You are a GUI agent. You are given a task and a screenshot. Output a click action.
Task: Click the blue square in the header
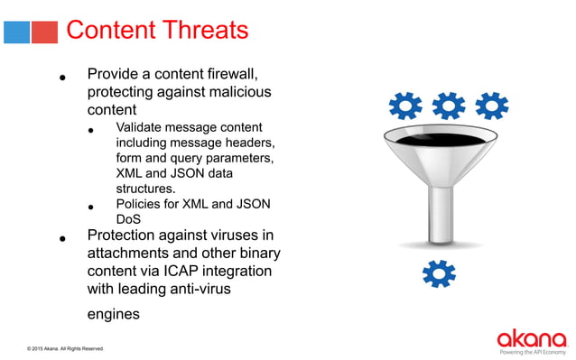click(x=17, y=32)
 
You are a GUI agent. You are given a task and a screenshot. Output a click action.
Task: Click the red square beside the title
click(x=44, y=32)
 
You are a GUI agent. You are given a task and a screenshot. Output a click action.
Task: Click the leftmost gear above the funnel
click(x=405, y=106)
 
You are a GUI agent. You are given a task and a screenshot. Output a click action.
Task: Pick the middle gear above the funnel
click(x=449, y=106)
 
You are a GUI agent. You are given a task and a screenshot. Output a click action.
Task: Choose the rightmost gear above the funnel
click(x=492, y=106)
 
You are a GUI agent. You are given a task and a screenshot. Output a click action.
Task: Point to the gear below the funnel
click(x=439, y=272)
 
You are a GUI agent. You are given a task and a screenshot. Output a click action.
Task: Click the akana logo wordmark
click(x=531, y=338)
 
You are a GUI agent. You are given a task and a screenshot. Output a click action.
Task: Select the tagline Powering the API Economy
click(x=533, y=352)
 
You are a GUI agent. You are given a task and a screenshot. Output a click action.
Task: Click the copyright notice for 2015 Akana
click(x=65, y=348)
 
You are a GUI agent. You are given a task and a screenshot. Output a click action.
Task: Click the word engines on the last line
click(x=114, y=314)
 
